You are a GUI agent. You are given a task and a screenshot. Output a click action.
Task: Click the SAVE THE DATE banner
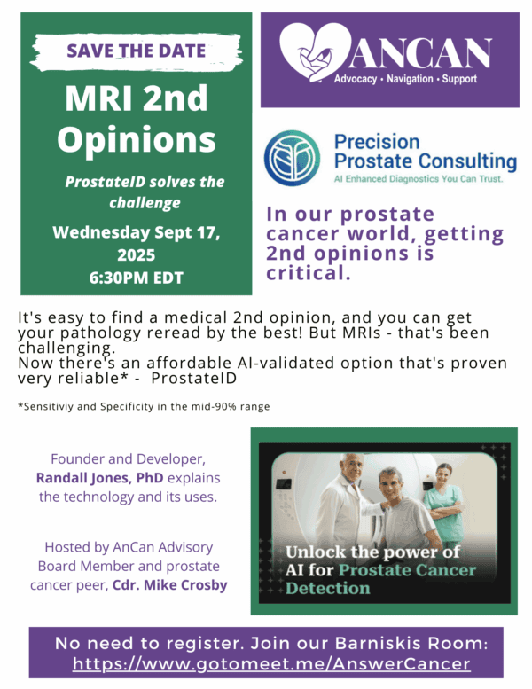pos(137,51)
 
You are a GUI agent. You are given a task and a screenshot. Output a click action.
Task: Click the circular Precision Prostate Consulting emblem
pos(292,158)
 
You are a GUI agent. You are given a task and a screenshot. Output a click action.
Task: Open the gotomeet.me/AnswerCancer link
pos(271,663)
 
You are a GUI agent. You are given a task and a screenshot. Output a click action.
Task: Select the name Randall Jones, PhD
pos(99,478)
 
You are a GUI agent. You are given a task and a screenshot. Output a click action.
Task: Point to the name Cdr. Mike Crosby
pos(170,585)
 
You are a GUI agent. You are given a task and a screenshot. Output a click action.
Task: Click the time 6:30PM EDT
pos(137,278)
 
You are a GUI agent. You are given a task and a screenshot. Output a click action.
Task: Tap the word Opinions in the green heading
pos(137,141)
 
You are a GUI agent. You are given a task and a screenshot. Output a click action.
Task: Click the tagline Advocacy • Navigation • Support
pos(405,79)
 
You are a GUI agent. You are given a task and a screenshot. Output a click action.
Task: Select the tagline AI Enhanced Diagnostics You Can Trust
pos(419,179)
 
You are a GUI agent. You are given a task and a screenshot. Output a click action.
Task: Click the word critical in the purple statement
pos(309,273)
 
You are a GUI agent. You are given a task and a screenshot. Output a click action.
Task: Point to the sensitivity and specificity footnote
pos(144,406)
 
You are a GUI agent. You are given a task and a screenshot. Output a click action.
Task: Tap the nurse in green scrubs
pos(444,502)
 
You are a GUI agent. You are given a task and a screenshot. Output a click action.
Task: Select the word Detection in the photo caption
pos(328,588)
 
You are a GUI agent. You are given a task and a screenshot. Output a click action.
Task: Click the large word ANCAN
pos(420,52)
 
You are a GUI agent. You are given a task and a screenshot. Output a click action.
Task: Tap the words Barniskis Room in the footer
pos(411,643)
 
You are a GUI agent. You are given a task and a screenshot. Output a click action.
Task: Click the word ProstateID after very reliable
pos(193,378)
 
